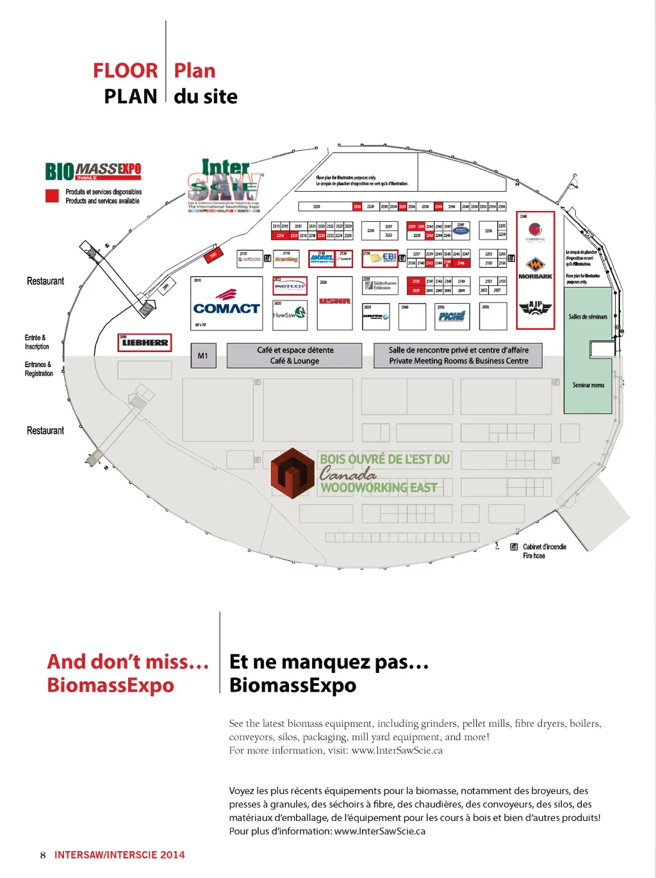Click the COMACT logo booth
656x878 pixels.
click(x=227, y=304)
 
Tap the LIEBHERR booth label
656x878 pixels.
click(x=145, y=343)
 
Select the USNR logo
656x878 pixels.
click(x=334, y=301)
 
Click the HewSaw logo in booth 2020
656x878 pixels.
click(x=290, y=314)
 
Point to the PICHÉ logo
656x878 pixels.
click(x=452, y=316)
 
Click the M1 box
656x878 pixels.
click(x=202, y=356)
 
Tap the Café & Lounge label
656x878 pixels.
click(x=295, y=361)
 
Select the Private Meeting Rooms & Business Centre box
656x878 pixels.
click(x=458, y=356)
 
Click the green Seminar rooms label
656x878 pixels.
click(x=588, y=385)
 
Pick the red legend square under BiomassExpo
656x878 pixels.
click(x=52, y=196)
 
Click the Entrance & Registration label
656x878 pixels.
click(x=38, y=369)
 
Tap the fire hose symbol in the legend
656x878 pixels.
click(x=514, y=547)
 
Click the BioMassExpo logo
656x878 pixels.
click(x=93, y=170)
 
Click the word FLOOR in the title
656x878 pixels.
click(x=125, y=70)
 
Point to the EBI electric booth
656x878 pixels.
click(x=381, y=258)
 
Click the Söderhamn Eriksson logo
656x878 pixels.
click(x=381, y=285)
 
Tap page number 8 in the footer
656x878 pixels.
click(x=43, y=855)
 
